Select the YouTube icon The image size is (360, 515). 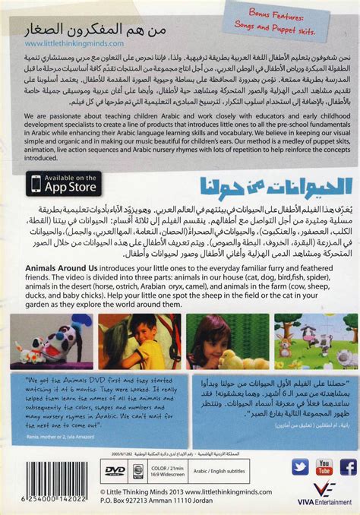click(x=324, y=466)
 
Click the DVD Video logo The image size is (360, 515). click(x=115, y=470)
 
